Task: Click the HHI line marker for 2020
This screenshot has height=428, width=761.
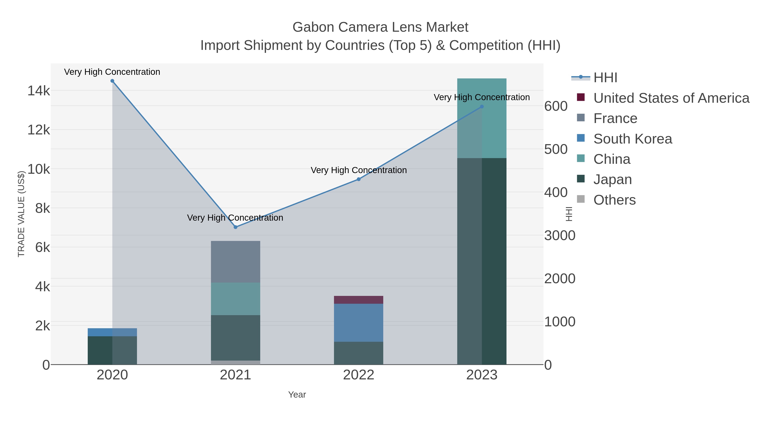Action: [x=112, y=81]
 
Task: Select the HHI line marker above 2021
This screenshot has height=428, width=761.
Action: [x=235, y=227]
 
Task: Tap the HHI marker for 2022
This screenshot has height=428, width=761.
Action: [x=359, y=179]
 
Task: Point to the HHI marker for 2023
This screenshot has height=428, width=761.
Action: [x=482, y=107]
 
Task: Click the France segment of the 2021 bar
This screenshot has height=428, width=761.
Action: [x=235, y=262]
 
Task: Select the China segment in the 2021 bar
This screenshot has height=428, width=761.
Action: [x=235, y=299]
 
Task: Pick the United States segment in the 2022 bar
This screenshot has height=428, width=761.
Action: [x=359, y=300]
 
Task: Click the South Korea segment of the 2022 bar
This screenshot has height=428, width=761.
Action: [x=359, y=323]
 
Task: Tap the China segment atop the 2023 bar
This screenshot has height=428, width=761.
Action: [x=482, y=118]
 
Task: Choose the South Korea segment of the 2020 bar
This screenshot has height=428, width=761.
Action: [x=112, y=332]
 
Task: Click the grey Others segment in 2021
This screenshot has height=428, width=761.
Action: [x=235, y=362]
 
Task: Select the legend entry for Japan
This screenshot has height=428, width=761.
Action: [x=612, y=180]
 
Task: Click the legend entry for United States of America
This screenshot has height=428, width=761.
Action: [x=671, y=98]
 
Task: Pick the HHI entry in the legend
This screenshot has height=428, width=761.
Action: [x=605, y=78]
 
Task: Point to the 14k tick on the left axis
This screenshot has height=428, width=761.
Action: [x=39, y=91]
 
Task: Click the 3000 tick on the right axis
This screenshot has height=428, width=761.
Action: [x=560, y=236]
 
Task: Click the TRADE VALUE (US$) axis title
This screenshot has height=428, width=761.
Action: [x=21, y=214]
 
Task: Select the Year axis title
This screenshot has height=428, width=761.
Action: [x=297, y=395]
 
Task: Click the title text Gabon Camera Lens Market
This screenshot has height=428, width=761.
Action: [x=380, y=27]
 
